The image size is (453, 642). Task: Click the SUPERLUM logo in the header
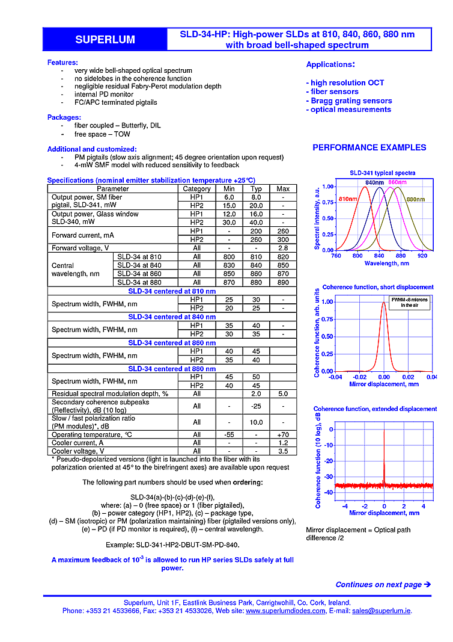point(105,40)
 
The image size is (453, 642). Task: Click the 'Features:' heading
point(62,63)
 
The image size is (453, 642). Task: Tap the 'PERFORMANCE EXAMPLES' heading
point(369,147)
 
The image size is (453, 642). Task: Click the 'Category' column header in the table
point(196,188)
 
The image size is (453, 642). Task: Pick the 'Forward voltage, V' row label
point(80,248)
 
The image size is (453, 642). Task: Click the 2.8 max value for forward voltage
point(282,248)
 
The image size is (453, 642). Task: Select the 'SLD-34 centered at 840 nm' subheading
point(171,316)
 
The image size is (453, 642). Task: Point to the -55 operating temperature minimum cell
point(229,434)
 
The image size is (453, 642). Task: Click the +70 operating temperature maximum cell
point(282,434)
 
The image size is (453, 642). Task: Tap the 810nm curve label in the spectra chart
point(348,199)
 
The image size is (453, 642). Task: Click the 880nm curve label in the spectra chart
point(415,199)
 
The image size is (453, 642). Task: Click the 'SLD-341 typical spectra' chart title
point(382,173)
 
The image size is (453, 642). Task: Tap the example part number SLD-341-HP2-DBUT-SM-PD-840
point(171,544)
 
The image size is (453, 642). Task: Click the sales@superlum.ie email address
point(381,610)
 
